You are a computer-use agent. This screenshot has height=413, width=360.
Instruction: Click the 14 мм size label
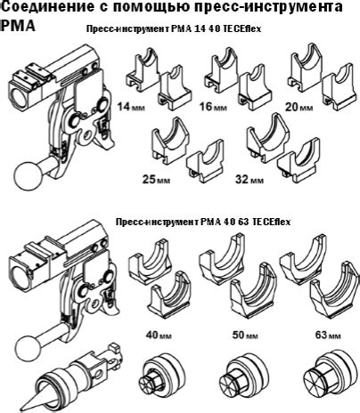(131, 106)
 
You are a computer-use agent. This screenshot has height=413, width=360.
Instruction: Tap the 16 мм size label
(213, 106)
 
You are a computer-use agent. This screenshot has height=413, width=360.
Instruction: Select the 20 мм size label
(299, 107)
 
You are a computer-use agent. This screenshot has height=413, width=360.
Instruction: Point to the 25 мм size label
(156, 179)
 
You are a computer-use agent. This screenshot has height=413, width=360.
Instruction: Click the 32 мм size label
(249, 179)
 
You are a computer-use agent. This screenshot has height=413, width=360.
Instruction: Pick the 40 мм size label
(159, 335)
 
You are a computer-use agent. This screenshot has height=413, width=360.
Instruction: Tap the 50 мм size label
(245, 335)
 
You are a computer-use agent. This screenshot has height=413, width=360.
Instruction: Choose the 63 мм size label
(328, 335)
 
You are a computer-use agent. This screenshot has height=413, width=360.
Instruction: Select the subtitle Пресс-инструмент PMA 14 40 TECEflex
(174, 29)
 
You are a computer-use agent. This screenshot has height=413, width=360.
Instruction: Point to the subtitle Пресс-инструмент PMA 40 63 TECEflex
(203, 222)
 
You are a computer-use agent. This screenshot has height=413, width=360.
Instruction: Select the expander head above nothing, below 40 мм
(161, 374)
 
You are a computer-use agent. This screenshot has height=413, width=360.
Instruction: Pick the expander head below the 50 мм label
(243, 376)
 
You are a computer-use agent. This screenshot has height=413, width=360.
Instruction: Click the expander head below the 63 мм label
(330, 375)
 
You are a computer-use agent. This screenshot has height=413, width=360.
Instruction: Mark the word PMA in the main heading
(18, 26)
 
